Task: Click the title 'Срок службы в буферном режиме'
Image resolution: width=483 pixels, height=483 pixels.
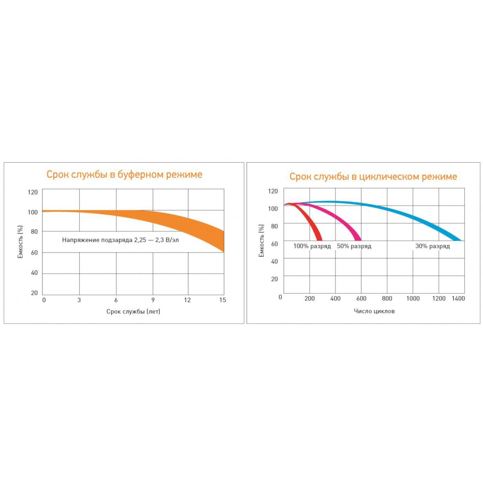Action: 124,174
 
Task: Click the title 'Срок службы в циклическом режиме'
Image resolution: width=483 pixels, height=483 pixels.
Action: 373,176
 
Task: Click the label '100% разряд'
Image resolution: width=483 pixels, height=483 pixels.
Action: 312,246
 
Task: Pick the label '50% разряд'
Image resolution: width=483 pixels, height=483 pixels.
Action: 354,246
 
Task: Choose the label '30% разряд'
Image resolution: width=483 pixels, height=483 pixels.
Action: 432,246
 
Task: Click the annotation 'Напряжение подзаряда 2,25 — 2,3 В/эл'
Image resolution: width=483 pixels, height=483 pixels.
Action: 120,240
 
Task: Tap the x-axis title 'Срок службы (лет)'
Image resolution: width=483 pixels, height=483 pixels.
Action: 133,311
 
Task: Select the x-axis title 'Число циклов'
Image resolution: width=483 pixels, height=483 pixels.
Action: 374,311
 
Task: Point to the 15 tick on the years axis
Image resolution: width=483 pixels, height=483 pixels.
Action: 223,300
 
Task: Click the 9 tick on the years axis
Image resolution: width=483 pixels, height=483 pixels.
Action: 153,300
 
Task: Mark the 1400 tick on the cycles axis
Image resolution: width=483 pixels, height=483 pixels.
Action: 458,298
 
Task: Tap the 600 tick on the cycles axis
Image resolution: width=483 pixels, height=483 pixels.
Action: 361,298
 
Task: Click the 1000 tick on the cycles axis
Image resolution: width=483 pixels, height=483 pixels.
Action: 413,298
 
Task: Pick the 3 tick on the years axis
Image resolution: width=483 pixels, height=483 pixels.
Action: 79,300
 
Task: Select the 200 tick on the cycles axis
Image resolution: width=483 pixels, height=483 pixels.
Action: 310,298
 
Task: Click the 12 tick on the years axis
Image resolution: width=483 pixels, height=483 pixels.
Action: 188,300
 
